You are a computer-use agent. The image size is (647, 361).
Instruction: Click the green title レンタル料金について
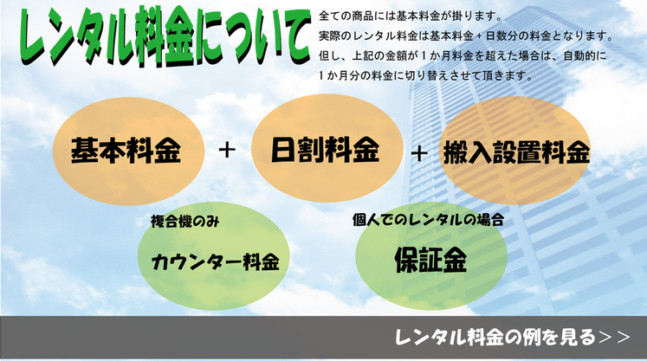[165, 36]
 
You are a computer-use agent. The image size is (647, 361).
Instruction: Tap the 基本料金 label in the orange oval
[126, 151]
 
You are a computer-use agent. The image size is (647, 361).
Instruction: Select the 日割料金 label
[325, 150]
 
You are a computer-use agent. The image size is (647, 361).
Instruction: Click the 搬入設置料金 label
[516, 152]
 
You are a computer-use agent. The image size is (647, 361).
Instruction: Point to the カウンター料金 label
[216, 261]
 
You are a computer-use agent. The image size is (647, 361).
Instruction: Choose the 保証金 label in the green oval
[430, 260]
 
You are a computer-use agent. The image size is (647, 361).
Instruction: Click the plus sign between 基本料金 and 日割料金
[227, 150]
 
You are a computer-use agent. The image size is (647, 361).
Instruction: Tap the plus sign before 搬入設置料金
[419, 153]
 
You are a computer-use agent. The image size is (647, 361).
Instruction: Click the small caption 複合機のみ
[184, 222]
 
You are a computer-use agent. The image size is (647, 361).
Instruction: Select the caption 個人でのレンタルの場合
[429, 220]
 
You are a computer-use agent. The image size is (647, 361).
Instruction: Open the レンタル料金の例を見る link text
[495, 337]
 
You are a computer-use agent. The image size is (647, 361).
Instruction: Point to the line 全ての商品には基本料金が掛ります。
[411, 16]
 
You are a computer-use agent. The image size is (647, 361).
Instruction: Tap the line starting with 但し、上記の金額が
[463, 55]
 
